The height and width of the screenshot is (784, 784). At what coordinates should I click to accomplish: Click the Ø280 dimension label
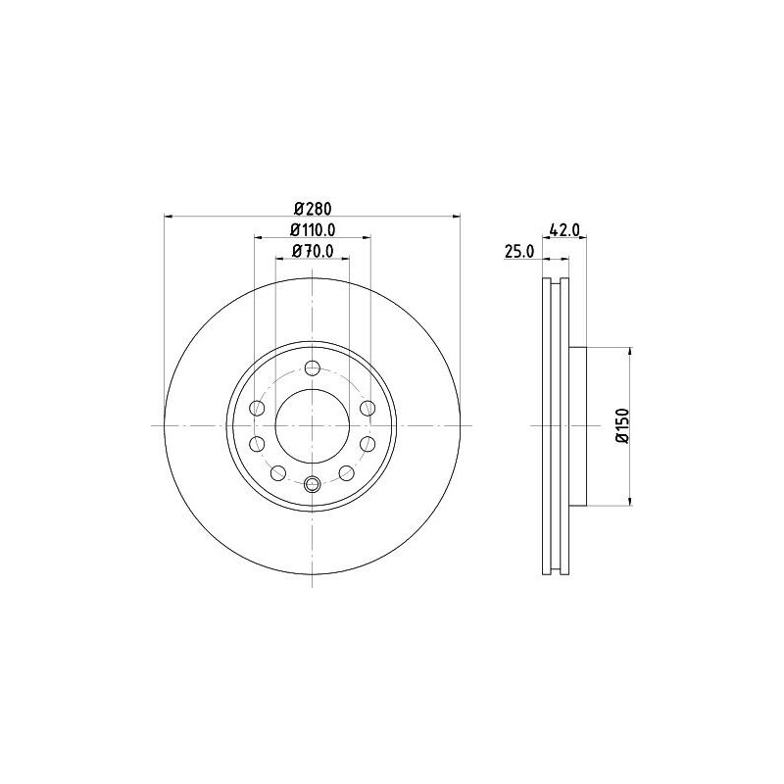coord(313,208)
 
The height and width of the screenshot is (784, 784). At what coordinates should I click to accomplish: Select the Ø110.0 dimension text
coord(313,229)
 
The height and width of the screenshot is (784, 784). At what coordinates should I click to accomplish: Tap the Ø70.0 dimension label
coord(313,251)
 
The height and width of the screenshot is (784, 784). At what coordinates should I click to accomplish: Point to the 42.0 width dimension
coord(564,229)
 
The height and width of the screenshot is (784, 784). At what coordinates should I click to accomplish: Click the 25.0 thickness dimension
coord(519,252)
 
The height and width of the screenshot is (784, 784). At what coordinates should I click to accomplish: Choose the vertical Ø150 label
coord(622,425)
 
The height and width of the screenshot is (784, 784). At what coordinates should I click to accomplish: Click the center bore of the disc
coord(313,426)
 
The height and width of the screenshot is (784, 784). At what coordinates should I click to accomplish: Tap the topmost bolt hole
coord(313,368)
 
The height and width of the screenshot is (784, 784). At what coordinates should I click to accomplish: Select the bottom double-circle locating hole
coord(313,483)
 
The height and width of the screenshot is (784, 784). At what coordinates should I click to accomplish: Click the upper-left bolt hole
coord(258,408)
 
